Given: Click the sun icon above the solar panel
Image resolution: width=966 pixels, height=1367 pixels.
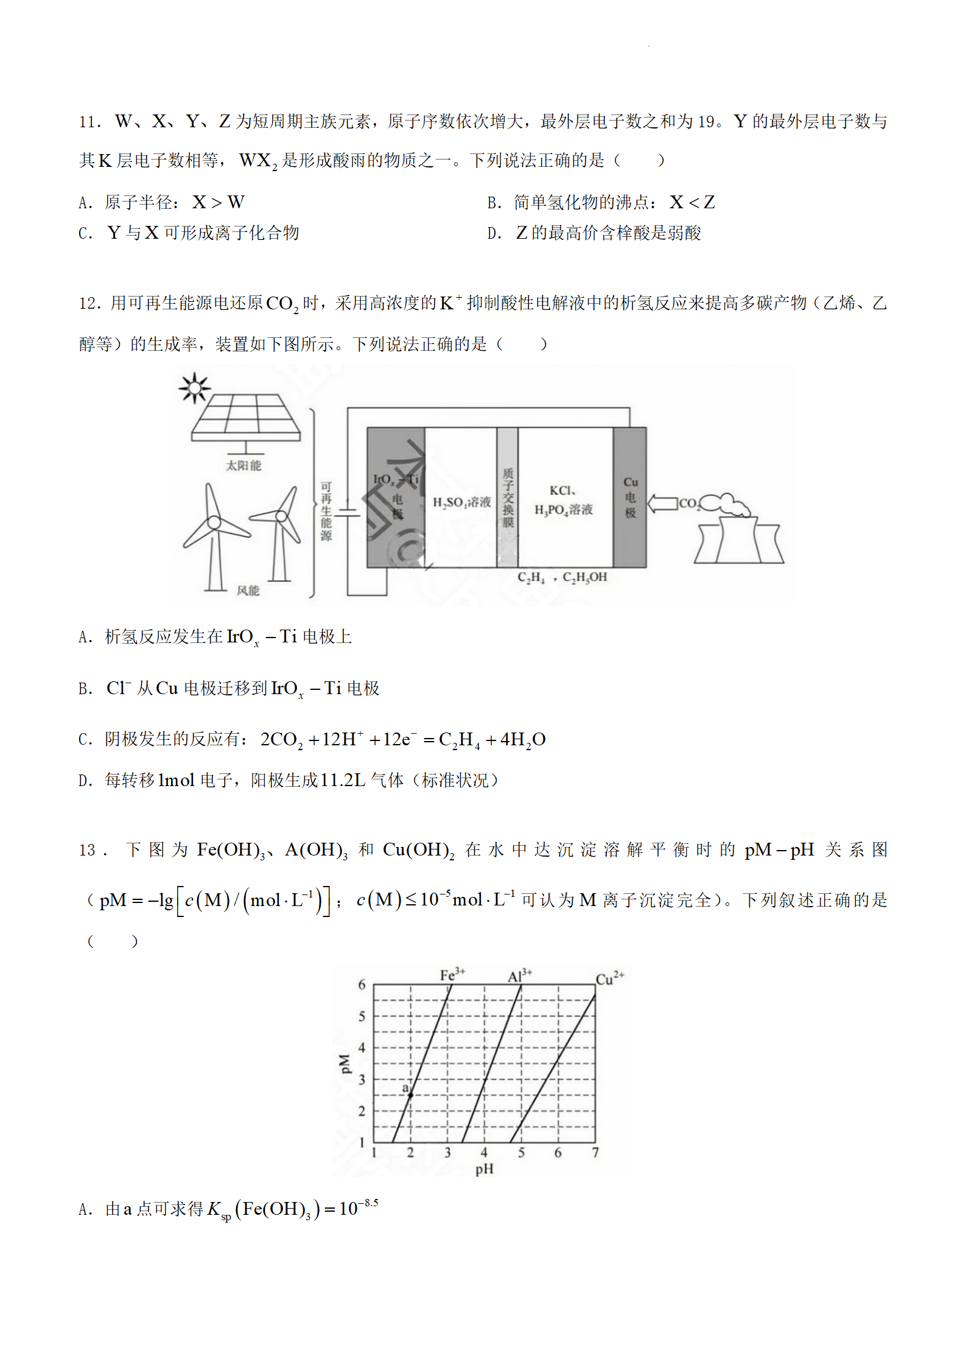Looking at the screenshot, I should (194, 387).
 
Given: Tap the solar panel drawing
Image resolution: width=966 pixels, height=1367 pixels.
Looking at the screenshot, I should (245, 417).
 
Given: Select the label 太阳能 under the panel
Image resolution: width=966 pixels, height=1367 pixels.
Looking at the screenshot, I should (243, 465).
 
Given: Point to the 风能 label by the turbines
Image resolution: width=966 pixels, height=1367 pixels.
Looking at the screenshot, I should (248, 590).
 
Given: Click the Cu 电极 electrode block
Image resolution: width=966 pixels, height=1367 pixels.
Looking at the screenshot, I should (630, 497).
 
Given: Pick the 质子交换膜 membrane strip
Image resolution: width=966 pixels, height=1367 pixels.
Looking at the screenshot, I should (508, 497).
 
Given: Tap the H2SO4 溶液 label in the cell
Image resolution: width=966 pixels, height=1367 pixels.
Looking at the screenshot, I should (461, 502).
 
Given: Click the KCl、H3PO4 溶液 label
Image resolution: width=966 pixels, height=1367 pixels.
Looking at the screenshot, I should (563, 501).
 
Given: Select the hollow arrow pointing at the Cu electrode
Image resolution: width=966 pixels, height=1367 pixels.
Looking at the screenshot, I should (662, 504).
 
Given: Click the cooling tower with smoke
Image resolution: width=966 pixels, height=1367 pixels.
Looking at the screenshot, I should (738, 536).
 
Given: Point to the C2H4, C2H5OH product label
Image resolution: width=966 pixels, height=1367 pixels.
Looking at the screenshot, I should (562, 577).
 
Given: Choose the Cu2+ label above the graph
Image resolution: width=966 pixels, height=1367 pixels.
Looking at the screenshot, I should (609, 979).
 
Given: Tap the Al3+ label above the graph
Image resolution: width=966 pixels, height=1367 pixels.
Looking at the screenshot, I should (520, 975).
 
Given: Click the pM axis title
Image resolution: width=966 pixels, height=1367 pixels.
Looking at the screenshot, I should (345, 1063).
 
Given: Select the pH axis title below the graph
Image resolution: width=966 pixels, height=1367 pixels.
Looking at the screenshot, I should (485, 1168).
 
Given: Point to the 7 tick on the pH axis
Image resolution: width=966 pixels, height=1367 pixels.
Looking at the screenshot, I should (595, 1152).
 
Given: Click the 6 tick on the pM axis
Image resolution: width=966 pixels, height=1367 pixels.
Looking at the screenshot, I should (362, 985).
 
